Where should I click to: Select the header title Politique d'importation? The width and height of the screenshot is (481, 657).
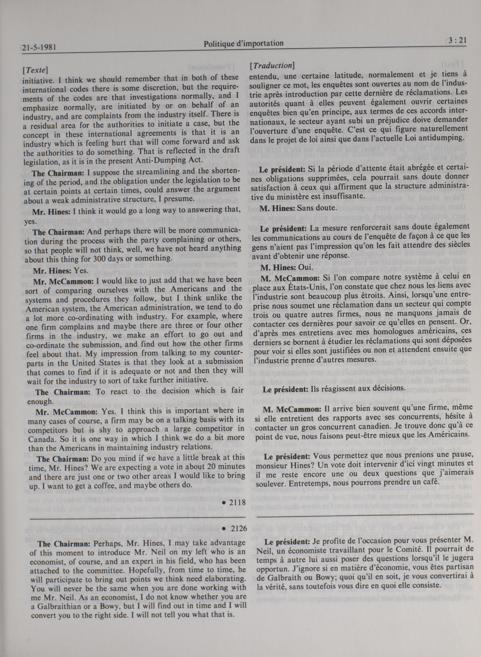(x=243, y=44)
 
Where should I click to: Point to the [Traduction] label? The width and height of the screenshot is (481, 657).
(x=272, y=66)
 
